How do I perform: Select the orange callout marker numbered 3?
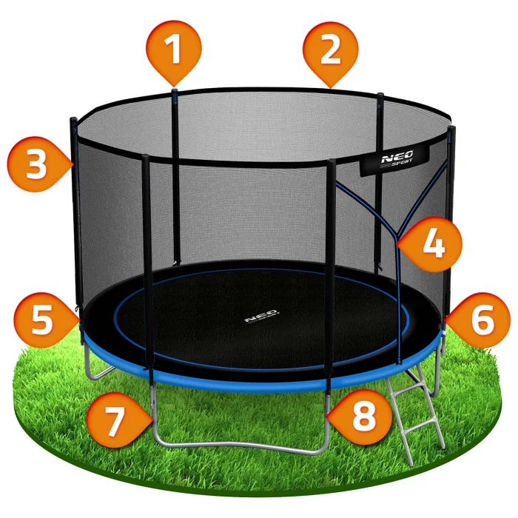pos(37,164)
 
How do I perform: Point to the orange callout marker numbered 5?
pos(44,320)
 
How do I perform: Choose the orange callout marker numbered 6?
pos(480,320)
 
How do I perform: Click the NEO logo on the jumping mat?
pos(262,315)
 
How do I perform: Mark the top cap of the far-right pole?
pos(452,128)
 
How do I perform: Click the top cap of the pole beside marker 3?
pos(73,120)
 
